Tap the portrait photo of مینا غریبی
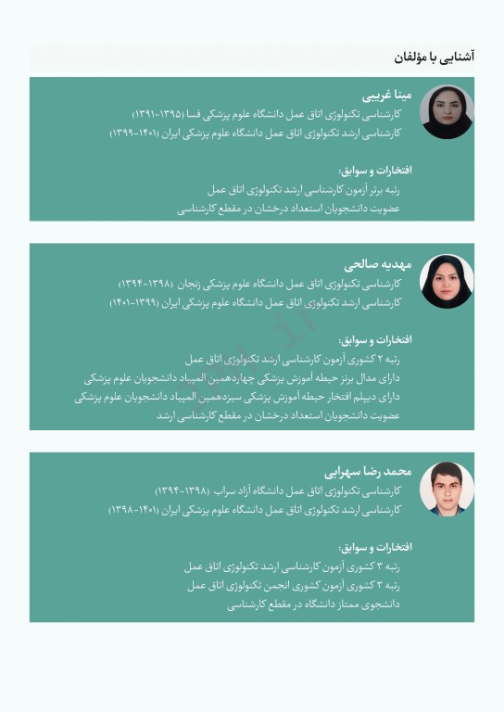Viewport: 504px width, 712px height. (447, 112)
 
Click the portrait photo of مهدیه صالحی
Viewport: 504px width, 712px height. (447, 281)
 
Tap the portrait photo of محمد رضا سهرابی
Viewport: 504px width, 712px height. (447, 488)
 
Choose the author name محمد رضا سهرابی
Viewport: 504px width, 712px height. (368, 472)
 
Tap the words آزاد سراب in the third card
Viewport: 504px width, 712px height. (233, 489)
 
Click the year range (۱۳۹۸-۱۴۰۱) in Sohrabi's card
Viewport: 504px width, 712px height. (137, 510)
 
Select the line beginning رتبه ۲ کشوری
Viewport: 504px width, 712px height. (293, 359)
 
